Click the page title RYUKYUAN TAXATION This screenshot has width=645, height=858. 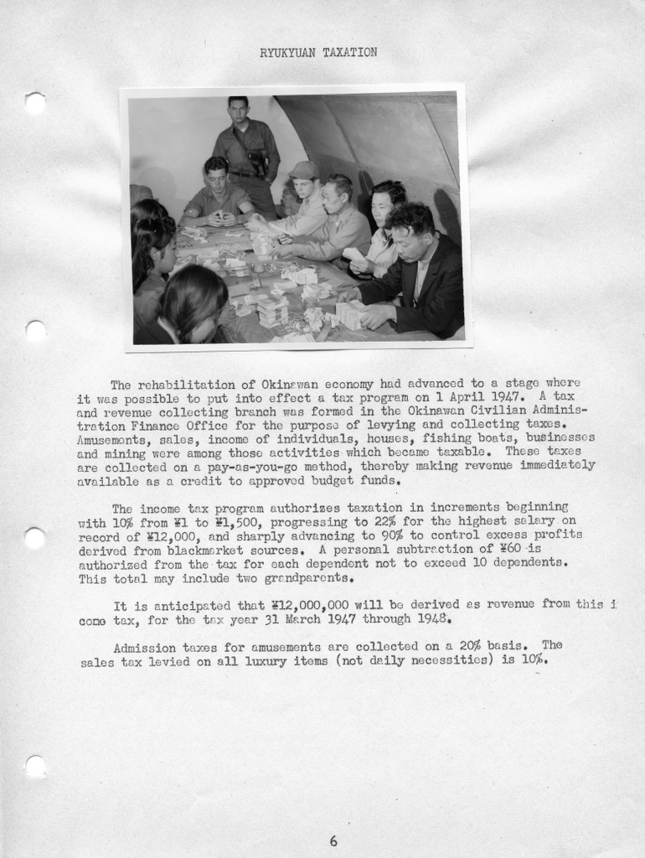tap(318, 52)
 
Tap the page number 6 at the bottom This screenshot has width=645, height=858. tap(333, 840)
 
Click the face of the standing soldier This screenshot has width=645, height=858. tap(239, 111)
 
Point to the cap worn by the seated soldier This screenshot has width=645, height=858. tap(302, 170)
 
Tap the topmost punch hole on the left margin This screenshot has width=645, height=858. tap(35, 103)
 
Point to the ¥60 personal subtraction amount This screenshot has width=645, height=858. tap(511, 549)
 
